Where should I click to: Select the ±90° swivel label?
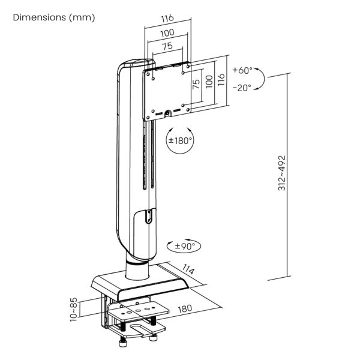(185, 245)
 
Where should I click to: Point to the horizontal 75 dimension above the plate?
(167, 46)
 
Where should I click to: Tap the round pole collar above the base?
(137, 260)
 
